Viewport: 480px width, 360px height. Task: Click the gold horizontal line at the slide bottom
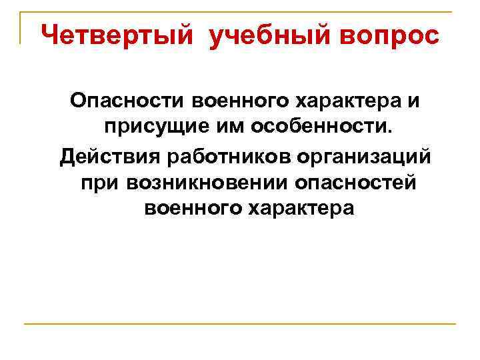[240, 324]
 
